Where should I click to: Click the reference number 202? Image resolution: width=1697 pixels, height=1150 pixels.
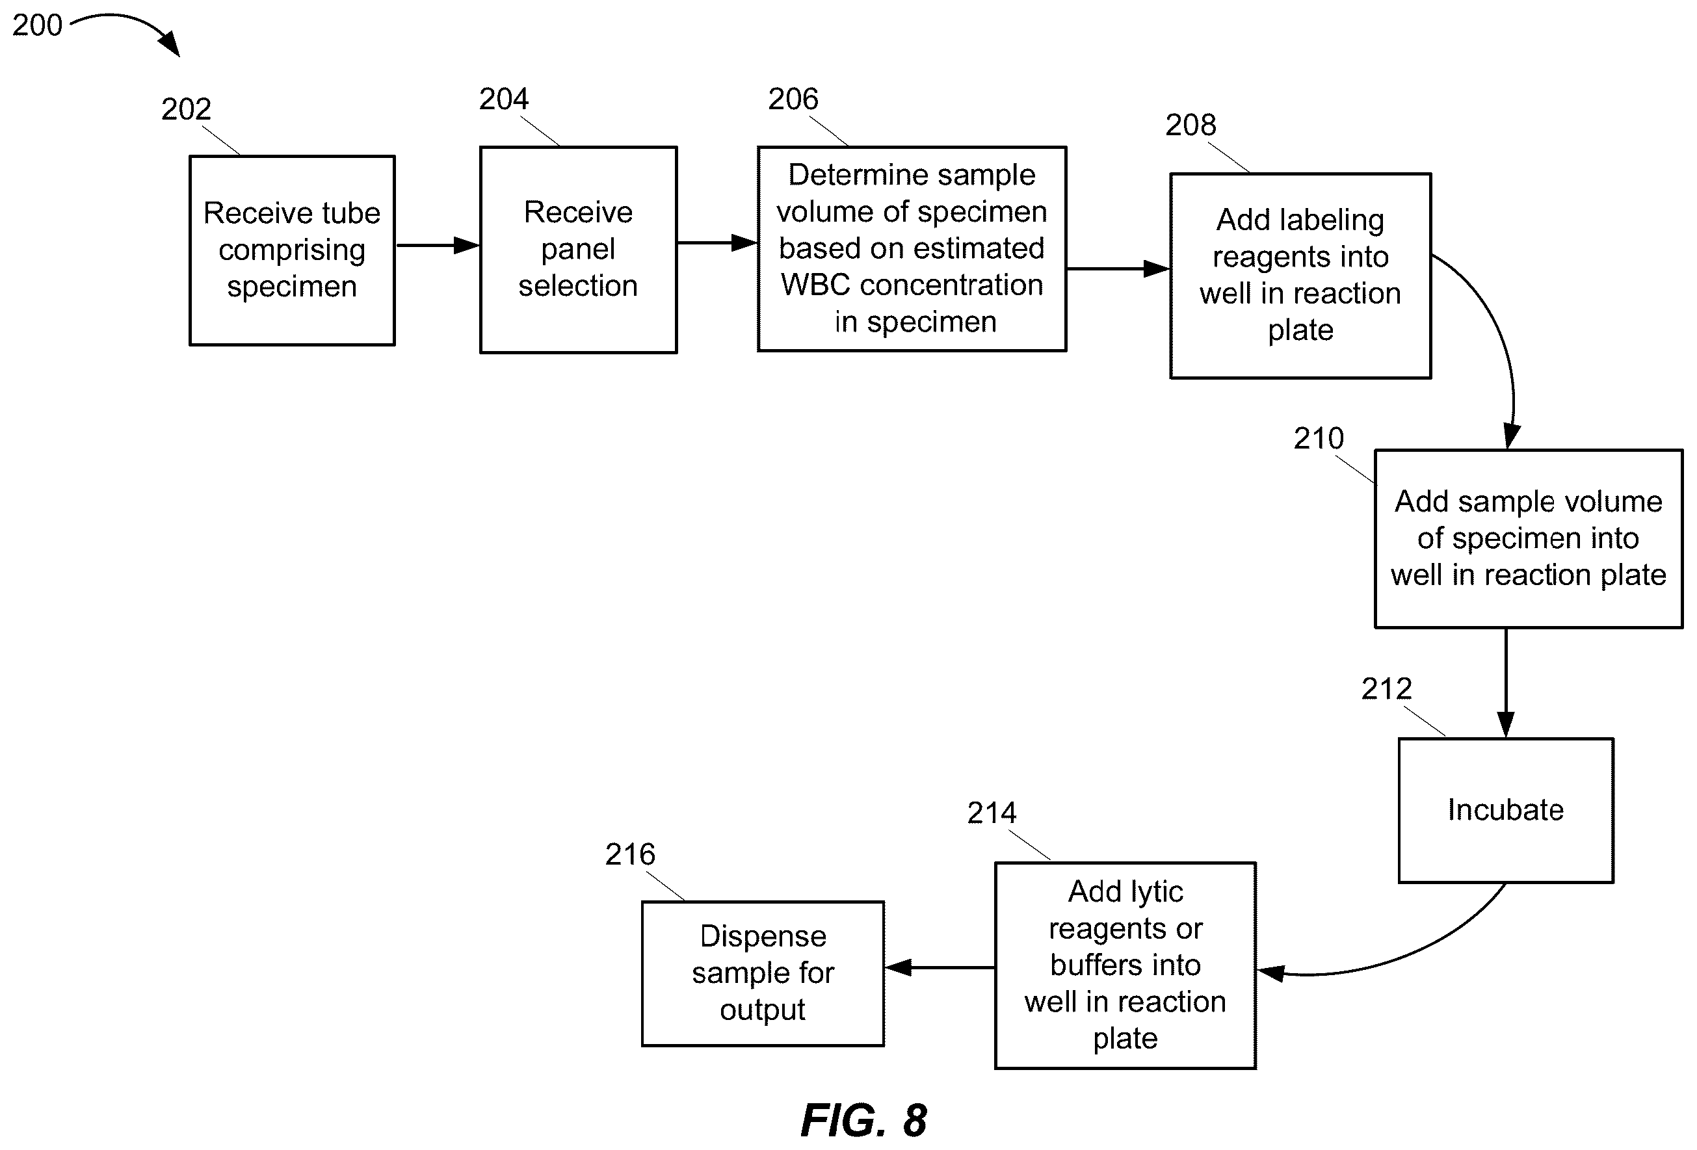coord(186,109)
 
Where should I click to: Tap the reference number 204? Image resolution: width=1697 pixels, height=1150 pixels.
coord(504,99)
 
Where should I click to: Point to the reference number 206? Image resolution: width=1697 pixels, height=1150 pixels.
coord(793,99)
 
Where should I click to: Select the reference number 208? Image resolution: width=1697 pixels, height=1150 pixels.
coord(1191,125)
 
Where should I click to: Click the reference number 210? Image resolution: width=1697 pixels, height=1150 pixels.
coord(1319,439)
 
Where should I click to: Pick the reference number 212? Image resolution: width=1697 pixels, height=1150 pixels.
coord(1387,689)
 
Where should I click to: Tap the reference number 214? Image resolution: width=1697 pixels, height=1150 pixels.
coord(992,813)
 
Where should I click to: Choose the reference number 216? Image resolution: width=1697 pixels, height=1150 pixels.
coord(630,855)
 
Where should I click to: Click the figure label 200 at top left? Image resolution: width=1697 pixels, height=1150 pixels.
coord(37,25)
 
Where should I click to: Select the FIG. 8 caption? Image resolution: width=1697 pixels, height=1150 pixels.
coord(864,1121)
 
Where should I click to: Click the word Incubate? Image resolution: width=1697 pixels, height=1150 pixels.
coord(1506,811)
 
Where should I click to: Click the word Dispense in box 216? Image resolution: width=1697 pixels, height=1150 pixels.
coord(763,937)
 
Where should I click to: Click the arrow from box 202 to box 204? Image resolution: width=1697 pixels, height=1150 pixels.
coord(438,245)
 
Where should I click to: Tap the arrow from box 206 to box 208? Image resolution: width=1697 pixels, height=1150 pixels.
coord(1118,268)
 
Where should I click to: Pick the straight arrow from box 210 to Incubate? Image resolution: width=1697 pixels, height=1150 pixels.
coord(1506,683)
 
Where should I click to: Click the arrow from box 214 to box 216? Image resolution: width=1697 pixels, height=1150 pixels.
coord(940,967)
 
